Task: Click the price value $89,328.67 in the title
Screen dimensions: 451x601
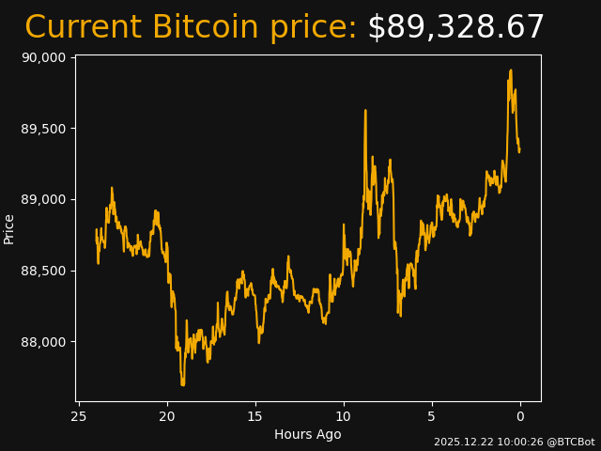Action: point(455,28)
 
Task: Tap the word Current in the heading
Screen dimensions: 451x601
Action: point(84,28)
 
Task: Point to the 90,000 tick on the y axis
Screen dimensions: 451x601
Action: point(43,57)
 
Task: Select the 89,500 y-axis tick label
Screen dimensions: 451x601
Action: point(43,129)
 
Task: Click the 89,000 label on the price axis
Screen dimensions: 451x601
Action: point(43,199)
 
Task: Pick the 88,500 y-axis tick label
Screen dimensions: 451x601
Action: point(43,271)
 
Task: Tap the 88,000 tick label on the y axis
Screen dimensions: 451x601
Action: point(43,342)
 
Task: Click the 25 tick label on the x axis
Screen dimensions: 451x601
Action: point(79,416)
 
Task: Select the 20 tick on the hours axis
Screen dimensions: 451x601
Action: point(167,416)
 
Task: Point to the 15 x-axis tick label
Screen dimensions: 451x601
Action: point(255,416)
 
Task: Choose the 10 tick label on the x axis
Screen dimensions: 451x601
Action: point(344,416)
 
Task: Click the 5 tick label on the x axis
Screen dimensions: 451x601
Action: point(432,416)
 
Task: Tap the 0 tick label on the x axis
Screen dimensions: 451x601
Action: point(520,416)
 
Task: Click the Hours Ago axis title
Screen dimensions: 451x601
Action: point(308,434)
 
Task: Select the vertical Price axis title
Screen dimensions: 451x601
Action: point(9,229)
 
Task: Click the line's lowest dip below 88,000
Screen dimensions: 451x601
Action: point(183,384)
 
